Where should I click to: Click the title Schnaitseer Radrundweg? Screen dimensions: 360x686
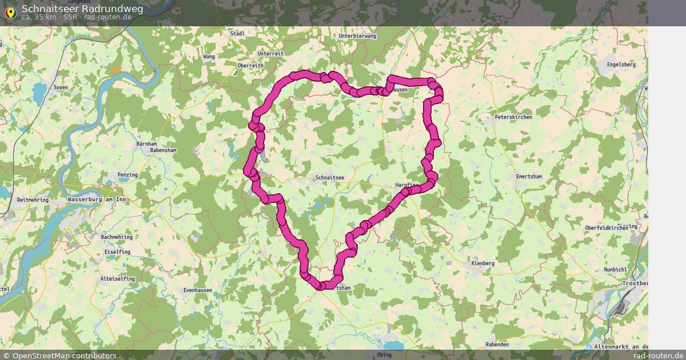82,9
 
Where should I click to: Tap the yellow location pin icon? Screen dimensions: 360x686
10,13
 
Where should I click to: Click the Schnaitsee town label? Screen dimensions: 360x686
330,178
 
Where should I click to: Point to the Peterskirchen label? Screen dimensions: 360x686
513,117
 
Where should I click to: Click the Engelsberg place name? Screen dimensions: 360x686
621,65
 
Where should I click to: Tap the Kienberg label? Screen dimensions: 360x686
483,263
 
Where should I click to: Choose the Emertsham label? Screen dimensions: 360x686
528,177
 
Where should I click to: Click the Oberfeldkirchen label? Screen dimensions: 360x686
607,228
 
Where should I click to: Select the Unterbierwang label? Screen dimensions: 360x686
357,36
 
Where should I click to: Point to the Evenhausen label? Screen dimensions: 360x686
198,290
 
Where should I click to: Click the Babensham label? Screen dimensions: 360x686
163,150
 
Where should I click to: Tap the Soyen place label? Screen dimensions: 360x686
61,87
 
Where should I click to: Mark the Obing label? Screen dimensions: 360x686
384,355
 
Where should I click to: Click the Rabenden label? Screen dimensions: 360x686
497,345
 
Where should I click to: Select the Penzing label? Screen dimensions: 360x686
127,175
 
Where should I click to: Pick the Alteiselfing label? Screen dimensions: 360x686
118,279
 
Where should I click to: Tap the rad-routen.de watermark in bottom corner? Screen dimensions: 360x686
658,356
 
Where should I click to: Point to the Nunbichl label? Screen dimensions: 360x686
616,270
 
